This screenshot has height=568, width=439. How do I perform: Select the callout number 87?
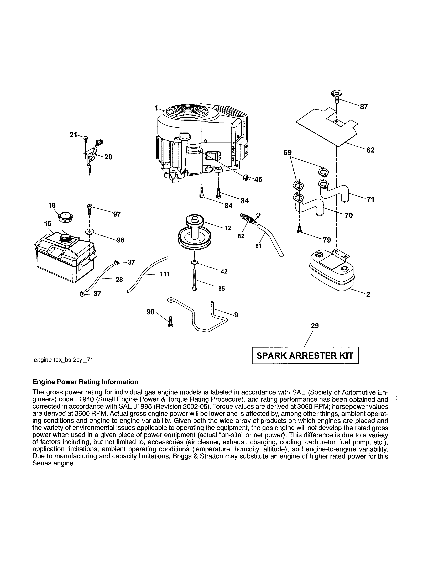coord(364,107)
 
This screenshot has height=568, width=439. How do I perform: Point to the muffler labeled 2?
coord(332,270)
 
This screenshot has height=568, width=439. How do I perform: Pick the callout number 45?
coord(258,180)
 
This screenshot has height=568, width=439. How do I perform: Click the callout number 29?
coord(315,326)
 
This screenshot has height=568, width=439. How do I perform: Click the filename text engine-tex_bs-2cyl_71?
coord(64,360)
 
